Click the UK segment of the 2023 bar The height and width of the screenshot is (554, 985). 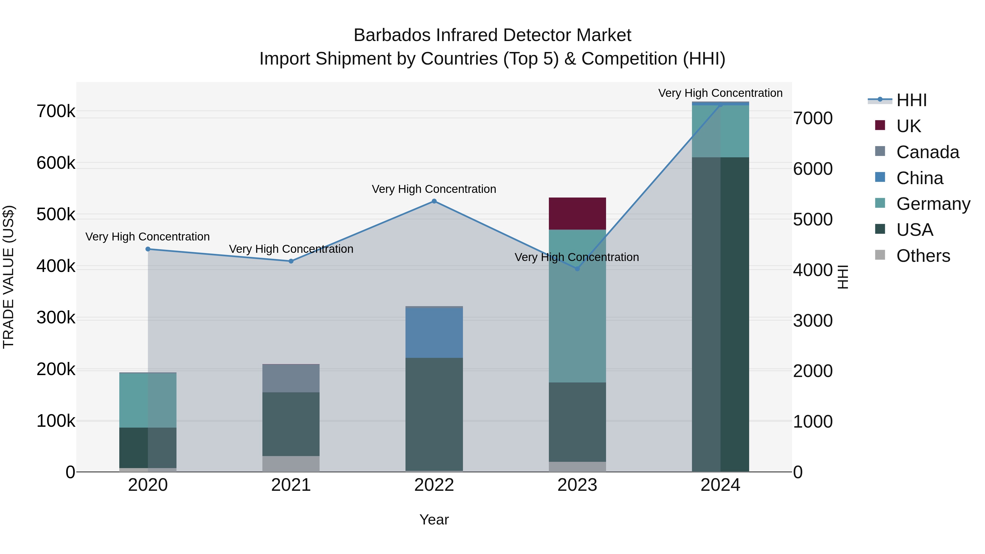[x=577, y=213]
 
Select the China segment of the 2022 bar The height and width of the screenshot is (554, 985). [x=434, y=333]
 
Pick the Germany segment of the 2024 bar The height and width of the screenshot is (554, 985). [x=720, y=131]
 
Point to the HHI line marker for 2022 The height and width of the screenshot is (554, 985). [x=434, y=201]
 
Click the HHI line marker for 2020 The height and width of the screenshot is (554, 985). [x=148, y=249]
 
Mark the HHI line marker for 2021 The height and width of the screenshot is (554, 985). [x=291, y=261]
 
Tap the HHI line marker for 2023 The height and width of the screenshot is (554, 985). [x=577, y=269]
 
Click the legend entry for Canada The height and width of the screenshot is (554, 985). [x=927, y=152]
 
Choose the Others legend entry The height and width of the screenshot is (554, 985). [x=923, y=256]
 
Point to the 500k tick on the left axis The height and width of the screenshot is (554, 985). [x=56, y=214]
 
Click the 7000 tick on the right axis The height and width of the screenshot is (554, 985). [x=813, y=118]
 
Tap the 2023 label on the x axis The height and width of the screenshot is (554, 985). [x=577, y=485]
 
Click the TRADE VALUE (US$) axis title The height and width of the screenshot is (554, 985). [x=8, y=277]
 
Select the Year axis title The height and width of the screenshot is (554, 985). [x=434, y=520]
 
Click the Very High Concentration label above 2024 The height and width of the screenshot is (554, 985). [x=720, y=93]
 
